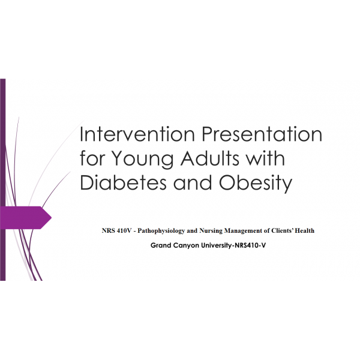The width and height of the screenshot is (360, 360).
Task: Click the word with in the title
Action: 265,159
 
